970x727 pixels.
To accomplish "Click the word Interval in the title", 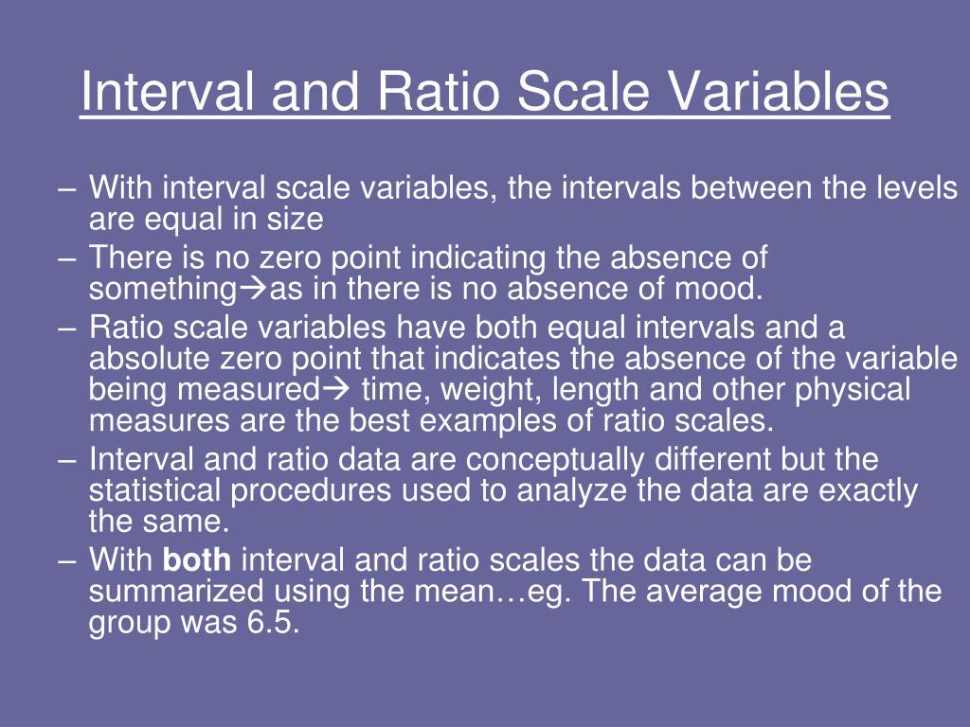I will pyautogui.click(x=151, y=92).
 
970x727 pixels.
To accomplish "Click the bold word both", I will pyautogui.click(x=197, y=560).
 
